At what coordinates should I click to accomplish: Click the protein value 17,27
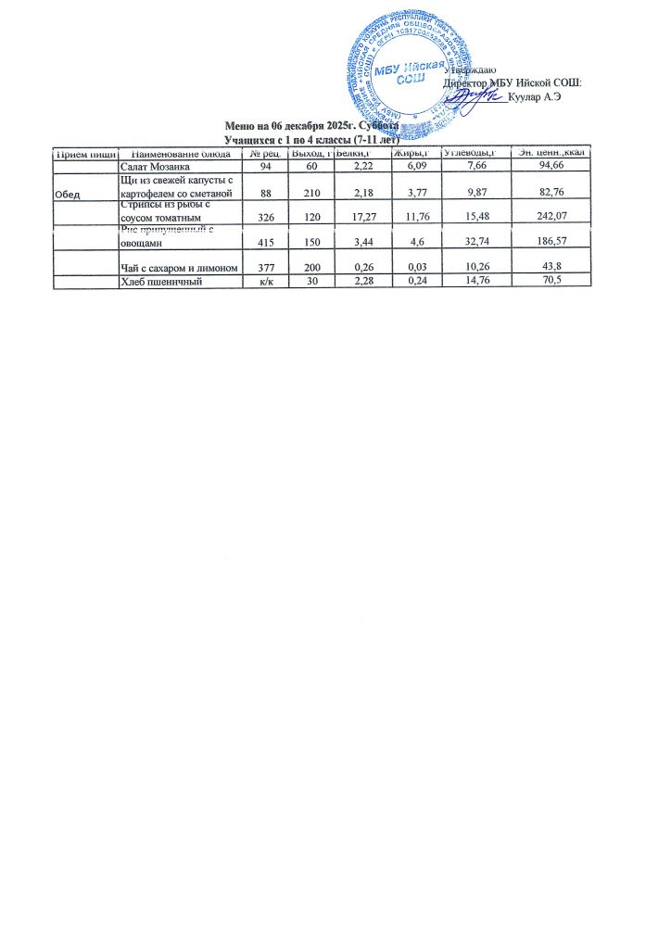[356, 217]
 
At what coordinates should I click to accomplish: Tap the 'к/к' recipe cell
[265, 283]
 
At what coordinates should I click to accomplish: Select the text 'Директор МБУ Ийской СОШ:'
[513, 82]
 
